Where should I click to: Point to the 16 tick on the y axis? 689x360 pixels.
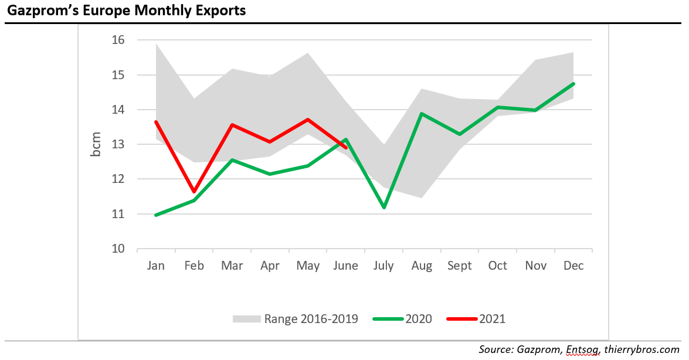pos(118,40)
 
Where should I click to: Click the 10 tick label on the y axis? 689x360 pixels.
pos(118,249)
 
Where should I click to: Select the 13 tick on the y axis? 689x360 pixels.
pos(118,144)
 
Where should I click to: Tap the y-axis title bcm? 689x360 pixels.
pos(96,144)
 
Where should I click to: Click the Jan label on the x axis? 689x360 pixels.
pos(156,266)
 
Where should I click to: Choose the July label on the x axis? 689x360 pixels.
pos(384,266)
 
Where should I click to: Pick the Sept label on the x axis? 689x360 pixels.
pos(459,266)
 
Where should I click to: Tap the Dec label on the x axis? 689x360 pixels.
pos(573,266)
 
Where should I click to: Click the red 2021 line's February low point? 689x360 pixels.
pos(194,192)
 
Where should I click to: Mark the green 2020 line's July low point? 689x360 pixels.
pos(384,208)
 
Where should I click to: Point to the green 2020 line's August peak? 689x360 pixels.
pos(422,114)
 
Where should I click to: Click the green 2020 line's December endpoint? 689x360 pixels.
pos(573,83)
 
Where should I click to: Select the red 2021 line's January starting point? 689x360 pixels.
pos(156,122)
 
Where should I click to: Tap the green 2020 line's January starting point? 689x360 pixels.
pos(156,215)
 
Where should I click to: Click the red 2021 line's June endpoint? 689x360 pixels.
pos(346,148)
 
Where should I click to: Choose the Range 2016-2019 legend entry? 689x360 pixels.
pos(296,319)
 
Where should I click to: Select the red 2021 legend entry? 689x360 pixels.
pos(476,319)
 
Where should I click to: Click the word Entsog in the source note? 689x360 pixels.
pos(583,349)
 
